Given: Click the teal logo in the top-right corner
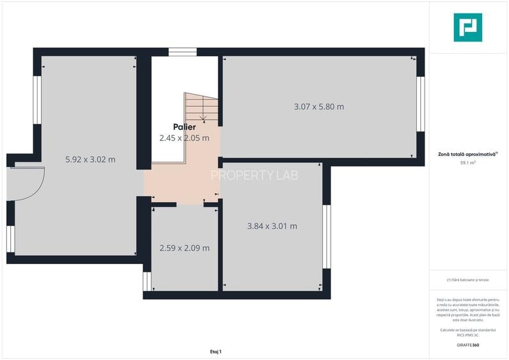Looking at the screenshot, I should (468, 27).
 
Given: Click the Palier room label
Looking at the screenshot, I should (184, 127).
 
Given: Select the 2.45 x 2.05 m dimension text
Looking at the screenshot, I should (184, 137).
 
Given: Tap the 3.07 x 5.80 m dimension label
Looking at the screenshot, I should (318, 107).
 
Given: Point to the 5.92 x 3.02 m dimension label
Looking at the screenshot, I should (91, 159).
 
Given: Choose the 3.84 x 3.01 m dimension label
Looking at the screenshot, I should (272, 226).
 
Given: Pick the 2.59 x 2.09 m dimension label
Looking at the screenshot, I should (184, 248).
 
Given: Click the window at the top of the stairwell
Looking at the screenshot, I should (183, 52).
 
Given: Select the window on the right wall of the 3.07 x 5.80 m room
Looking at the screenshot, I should (420, 104).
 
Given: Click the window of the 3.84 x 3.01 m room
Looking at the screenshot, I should (326, 237).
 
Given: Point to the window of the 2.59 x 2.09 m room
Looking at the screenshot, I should (146, 281).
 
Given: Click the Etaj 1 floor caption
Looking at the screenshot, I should (215, 352).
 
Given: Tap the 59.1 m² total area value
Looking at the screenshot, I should (468, 163).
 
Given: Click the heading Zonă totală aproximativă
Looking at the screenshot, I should (467, 154).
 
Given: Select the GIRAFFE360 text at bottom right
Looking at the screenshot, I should (467, 345).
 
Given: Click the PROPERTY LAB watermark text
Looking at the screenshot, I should (254, 175).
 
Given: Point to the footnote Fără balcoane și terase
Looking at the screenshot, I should (469, 280).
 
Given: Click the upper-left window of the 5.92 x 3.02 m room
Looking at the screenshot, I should (36, 100).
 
